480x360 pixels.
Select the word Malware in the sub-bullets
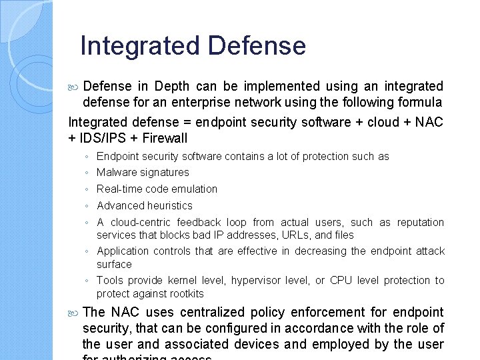pyautogui.click(x=116, y=173)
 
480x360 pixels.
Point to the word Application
pyautogui.click(x=122, y=251)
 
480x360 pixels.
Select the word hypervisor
pyautogui.click(x=254, y=281)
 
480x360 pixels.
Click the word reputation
pyautogui.click(x=421, y=223)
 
